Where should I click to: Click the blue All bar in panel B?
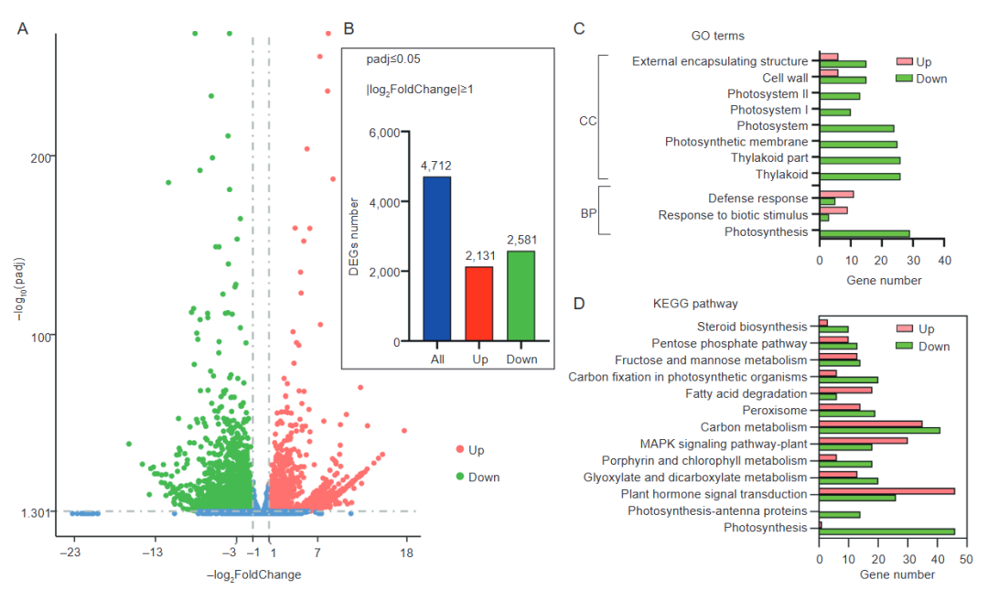437,259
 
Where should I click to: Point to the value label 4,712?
436,166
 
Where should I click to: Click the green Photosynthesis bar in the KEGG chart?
887,531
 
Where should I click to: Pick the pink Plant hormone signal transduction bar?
887,491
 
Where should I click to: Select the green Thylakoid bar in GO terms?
860,176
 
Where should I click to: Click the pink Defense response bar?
836,194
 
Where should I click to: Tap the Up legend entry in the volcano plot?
476,450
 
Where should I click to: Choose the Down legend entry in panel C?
931,79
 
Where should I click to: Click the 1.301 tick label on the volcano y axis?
34,512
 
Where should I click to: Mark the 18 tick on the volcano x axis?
407,553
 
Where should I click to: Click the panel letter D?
579,304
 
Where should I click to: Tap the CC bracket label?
587,121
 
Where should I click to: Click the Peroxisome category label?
774,410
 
